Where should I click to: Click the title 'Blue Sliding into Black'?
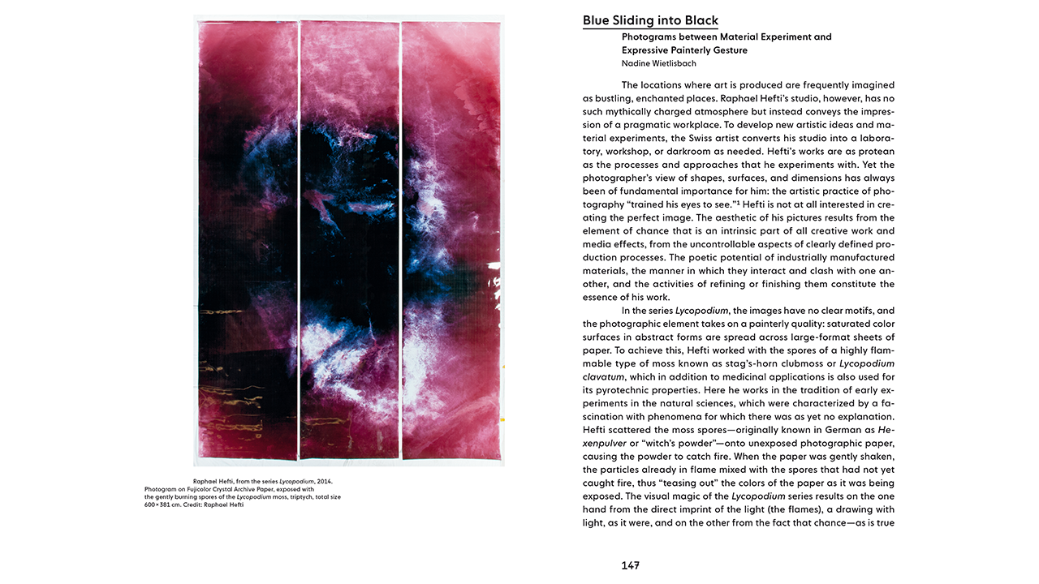click(650, 21)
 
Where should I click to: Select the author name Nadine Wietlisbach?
click(658, 63)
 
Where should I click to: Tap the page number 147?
click(630, 565)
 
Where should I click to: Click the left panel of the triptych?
click(247, 243)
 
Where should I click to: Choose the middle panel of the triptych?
click(349, 243)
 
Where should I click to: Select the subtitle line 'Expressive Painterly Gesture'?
click(684, 50)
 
